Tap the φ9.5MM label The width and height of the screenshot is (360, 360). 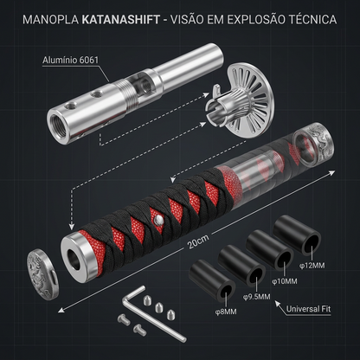coord(257,296)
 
